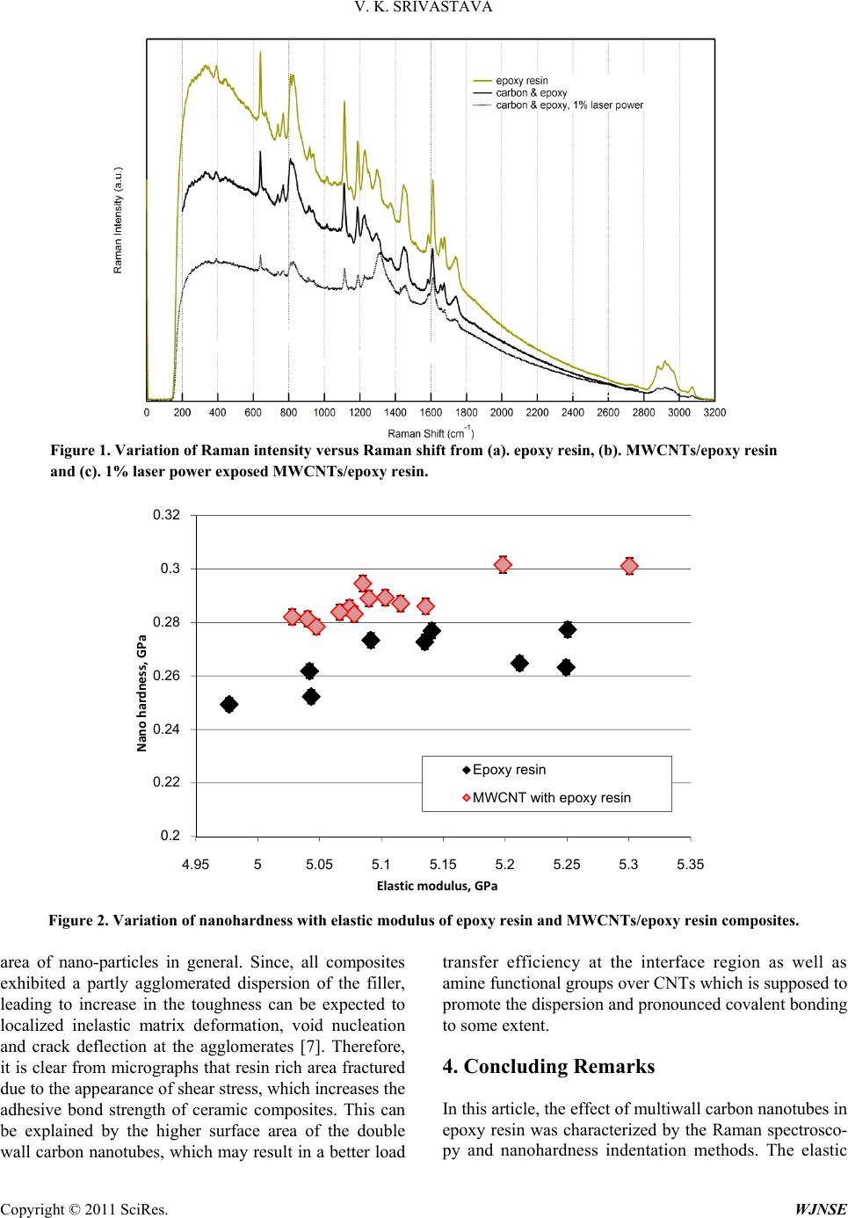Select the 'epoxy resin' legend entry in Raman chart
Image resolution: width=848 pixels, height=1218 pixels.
522,81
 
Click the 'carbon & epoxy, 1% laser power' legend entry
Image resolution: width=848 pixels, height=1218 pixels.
569,105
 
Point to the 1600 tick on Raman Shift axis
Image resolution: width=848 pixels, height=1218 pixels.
431,411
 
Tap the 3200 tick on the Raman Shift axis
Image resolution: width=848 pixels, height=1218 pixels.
714,411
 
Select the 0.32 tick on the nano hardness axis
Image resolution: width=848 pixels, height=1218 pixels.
168,515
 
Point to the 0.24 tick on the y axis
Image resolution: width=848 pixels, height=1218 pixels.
168,729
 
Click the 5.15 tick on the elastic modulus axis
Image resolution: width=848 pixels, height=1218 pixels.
443,865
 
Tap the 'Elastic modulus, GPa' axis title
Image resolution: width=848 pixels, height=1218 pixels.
437,885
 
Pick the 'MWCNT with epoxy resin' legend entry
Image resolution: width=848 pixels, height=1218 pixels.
551,798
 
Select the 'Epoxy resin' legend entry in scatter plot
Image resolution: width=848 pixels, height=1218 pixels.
509,770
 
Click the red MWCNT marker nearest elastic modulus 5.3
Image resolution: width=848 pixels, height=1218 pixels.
629,566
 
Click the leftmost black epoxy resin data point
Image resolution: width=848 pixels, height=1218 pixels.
229,704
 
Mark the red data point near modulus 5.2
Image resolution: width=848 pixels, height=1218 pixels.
503,564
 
